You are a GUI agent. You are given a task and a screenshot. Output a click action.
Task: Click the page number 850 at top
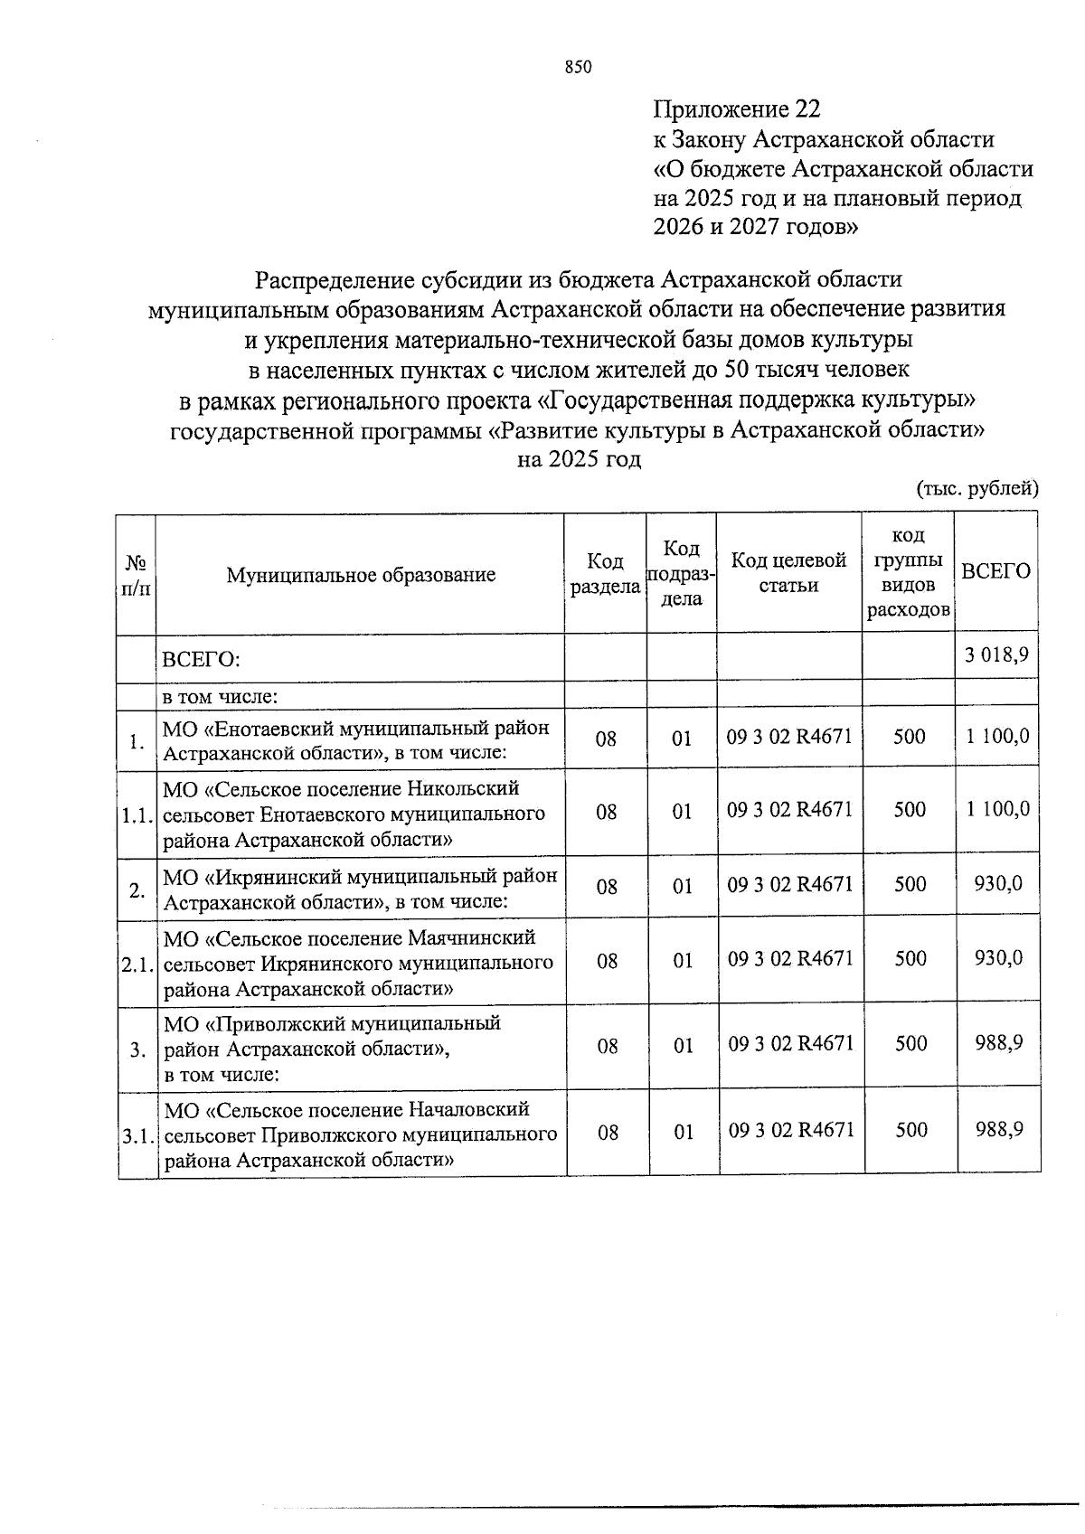pyautogui.click(x=578, y=67)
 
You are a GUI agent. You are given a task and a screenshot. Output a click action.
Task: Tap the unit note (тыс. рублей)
pyautogui.click(x=977, y=489)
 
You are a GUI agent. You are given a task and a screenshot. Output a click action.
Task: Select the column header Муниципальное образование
pyautogui.click(x=361, y=575)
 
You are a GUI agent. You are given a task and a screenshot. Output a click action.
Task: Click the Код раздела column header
pyautogui.click(x=605, y=574)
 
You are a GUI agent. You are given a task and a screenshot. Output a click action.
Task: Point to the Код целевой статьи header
pyautogui.click(x=788, y=573)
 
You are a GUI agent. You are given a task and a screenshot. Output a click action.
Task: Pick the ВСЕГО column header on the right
pyautogui.click(x=995, y=571)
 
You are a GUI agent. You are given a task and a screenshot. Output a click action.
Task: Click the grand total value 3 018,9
pyautogui.click(x=995, y=656)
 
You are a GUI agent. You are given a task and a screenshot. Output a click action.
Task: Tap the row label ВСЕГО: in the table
pyautogui.click(x=201, y=659)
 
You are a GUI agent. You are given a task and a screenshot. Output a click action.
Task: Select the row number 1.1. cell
pyautogui.click(x=137, y=815)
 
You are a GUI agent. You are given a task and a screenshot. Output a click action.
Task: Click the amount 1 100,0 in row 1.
pyautogui.click(x=996, y=737)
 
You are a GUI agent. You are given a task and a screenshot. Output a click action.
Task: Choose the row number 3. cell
pyautogui.click(x=137, y=1050)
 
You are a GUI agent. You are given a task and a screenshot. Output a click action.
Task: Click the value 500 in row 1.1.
pyautogui.click(x=910, y=810)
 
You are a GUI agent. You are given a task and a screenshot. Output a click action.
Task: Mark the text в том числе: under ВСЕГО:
pyautogui.click(x=219, y=697)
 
